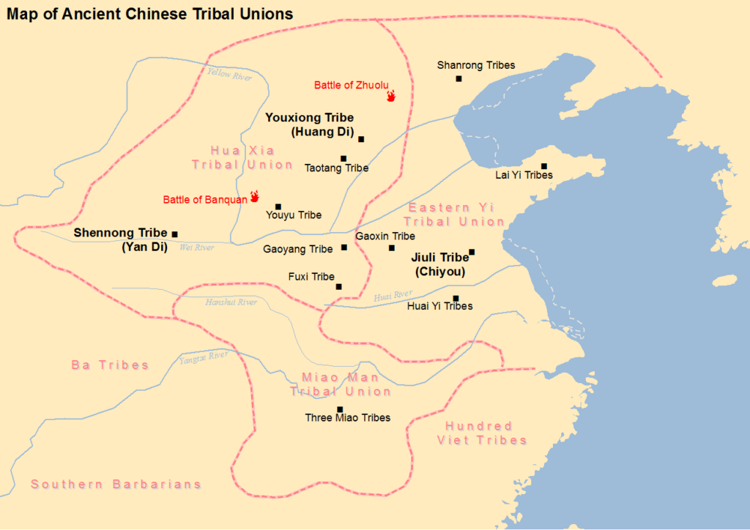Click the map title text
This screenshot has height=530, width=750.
click(150, 14)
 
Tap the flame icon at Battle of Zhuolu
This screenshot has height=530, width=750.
click(391, 95)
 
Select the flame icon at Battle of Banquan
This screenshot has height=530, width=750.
click(255, 196)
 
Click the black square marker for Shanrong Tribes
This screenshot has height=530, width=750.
click(458, 78)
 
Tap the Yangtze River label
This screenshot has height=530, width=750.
click(204, 357)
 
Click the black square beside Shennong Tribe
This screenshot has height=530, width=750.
click(174, 234)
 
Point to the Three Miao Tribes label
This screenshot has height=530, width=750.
click(348, 418)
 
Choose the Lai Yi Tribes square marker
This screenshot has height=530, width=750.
click(544, 166)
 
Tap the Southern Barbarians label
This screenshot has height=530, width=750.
click(116, 485)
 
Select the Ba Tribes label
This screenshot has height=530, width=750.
click(110, 365)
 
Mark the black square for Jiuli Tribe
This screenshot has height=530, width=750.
click(472, 252)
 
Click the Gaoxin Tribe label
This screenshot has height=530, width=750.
click(385, 236)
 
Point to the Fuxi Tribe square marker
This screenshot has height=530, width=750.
click(338, 286)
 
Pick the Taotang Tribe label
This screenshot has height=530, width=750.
click(336, 168)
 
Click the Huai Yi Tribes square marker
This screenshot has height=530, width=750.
click(456, 298)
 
